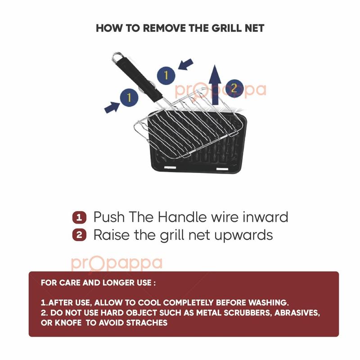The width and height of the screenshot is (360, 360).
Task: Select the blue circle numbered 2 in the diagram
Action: (234, 88)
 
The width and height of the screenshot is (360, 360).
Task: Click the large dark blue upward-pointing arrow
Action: (215, 85)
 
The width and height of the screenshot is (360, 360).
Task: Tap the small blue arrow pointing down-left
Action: (186, 64)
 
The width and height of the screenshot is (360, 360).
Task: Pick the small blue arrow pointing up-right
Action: (112, 107)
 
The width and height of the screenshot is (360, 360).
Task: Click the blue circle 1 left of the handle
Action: (129, 98)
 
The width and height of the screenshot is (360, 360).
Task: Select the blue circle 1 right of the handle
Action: (166, 76)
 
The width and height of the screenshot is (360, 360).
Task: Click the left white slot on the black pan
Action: (170, 167)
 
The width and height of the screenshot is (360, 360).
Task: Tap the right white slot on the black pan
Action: (222, 169)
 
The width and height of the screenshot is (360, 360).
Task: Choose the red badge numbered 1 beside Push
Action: (79, 217)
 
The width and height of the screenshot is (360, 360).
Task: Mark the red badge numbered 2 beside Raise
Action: (79, 235)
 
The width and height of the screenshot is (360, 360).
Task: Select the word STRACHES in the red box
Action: (147, 323)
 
